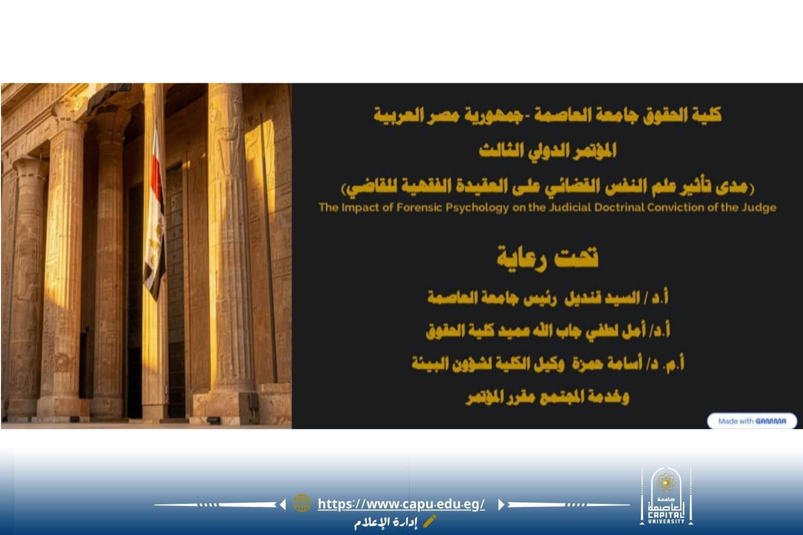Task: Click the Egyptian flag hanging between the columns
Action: pos(155,215)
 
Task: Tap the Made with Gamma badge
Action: pos(752,421)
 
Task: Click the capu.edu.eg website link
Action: pos(401,504)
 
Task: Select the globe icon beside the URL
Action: pos(302,503)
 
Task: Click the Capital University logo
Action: pos(666,496)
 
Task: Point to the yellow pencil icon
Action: pos(430,521)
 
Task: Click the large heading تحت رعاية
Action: pos(548,258)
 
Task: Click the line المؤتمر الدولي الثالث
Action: pos(548,151)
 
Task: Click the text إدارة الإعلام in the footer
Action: pos(386,522)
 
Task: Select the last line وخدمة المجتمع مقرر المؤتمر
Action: pos(548,397)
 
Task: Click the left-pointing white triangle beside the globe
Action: pos(283,504)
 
